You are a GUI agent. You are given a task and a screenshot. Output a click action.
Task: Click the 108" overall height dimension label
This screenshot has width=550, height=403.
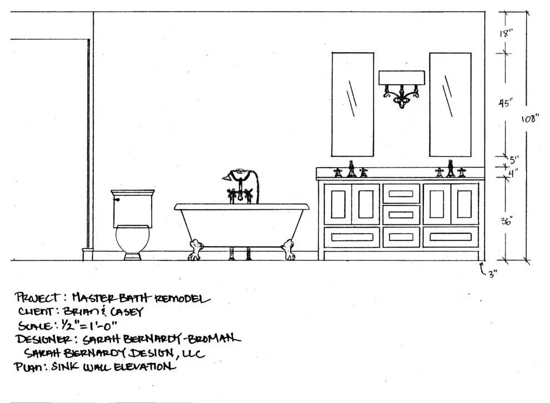pyautogui.click(x=529, y=119)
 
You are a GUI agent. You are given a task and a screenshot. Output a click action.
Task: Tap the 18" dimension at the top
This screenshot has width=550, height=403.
pyautogui.click(x=506, y=33)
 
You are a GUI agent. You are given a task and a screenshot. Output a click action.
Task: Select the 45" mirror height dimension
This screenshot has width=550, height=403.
pyautogui.click(x=506, y=103)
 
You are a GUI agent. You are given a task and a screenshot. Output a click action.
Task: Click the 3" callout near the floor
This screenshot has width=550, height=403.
pyautogui.click(x=493, y=273)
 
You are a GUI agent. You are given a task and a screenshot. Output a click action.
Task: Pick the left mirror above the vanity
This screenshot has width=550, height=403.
pyautogui.click(x=353, y=104)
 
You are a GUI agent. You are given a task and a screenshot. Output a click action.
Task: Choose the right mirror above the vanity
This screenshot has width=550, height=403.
pyautogui.click(x=450, y=104)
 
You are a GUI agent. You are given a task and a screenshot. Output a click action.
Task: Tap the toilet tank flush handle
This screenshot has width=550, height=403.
pyautogui.click(x=117, y=199)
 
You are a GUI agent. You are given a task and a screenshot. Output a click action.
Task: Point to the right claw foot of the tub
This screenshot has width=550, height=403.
pyautogui.click(x=288, y=249)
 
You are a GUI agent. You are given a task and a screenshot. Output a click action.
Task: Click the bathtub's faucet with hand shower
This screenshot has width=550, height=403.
pyautogui.click(x=241, y=186)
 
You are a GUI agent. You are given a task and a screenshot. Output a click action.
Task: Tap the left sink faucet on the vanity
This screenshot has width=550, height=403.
pyautogui.click(x=351, y=170)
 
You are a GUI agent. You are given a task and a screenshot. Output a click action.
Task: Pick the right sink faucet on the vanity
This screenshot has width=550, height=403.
pyautogui.click(x=451, y=169)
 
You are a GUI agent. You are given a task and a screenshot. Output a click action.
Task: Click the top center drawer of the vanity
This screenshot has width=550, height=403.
pyautogui.click(x=401, y=193)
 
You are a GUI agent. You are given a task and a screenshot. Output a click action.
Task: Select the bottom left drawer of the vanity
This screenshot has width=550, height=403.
pyautogui.click(x=352, y=237)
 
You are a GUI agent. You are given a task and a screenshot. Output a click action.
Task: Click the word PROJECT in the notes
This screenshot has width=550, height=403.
pyautogui.click(x=38, y=298)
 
